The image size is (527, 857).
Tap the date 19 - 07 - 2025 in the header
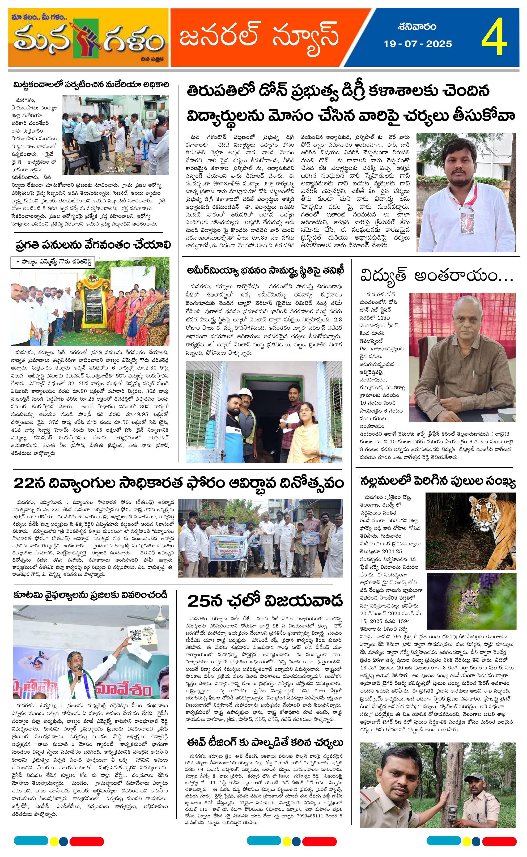point(418,44)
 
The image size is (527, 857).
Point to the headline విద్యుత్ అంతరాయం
point(437,276)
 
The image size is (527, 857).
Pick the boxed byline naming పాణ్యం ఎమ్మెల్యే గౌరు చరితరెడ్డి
point(52,263)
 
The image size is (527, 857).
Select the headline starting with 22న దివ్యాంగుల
point(178,483)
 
